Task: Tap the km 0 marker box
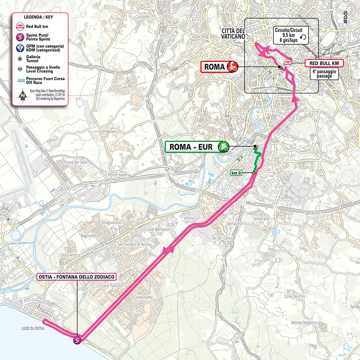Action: click(236, 172)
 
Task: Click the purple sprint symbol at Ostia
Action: click(78, 339)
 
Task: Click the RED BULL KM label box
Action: click(324, 63)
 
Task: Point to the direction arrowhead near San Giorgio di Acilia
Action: click(172, 251)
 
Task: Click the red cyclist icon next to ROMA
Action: click(232, 67)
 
